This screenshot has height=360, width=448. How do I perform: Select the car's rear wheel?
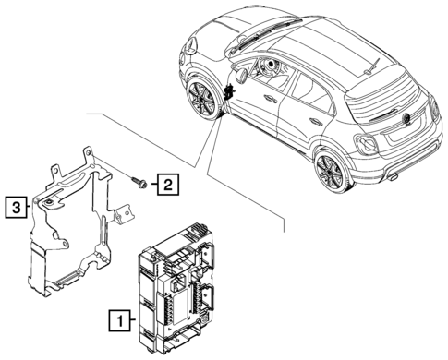[x=329, y=172]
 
